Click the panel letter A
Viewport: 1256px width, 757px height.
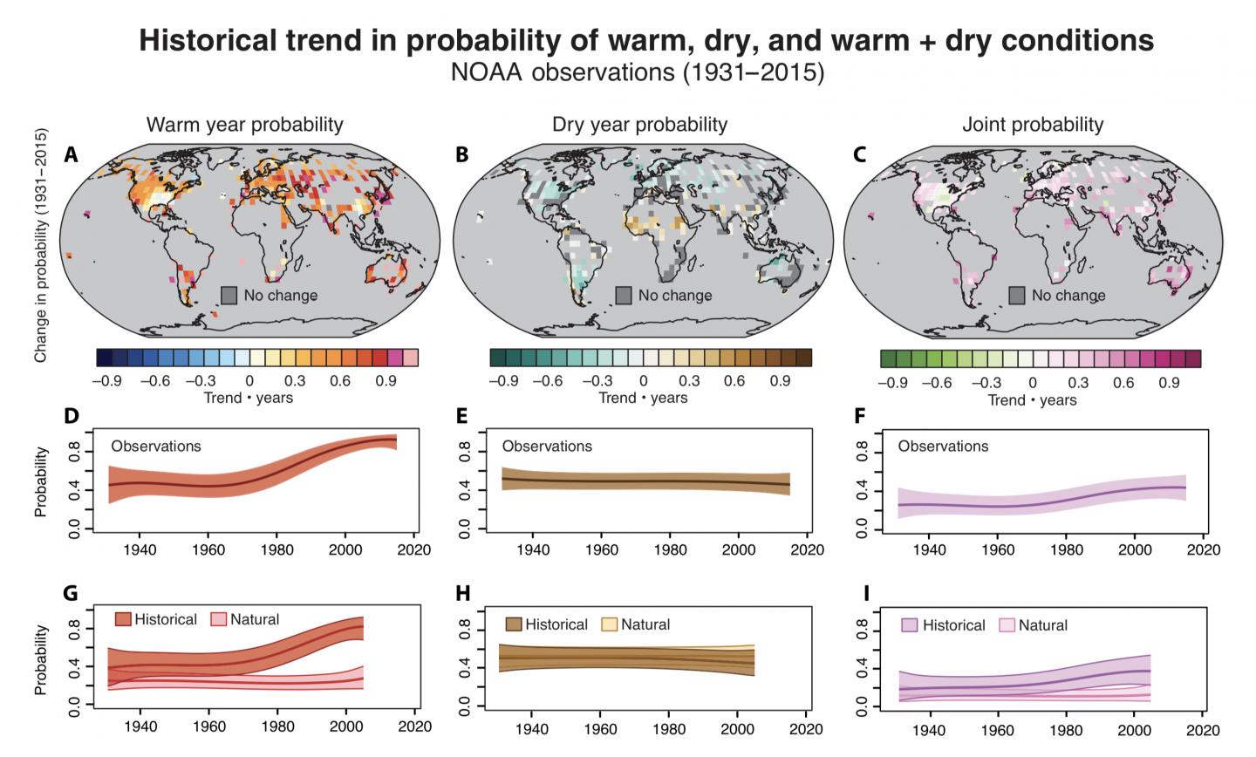coord(72,155)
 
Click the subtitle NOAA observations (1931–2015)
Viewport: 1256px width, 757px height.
coord(637,72)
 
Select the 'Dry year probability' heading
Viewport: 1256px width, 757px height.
coord(639,125)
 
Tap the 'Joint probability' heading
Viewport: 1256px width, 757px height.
coord(1033,125)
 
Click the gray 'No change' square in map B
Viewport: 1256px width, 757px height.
coord(624,296)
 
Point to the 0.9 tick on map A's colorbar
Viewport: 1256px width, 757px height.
coord(386,380)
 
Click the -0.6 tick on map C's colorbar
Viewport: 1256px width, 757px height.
coord(936,383)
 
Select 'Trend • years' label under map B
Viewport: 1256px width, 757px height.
coord(643,398)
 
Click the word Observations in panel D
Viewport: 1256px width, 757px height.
coord(156,446)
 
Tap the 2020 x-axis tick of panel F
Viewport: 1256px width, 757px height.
coord(1204,550)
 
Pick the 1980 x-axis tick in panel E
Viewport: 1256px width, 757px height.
coord(670,549)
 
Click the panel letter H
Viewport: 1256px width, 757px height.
coord(463,594)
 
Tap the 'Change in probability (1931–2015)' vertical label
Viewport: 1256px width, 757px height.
coord(40,247)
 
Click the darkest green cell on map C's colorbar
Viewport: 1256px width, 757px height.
coord(888,358)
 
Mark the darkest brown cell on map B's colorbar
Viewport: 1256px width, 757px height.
coord(803,358)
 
